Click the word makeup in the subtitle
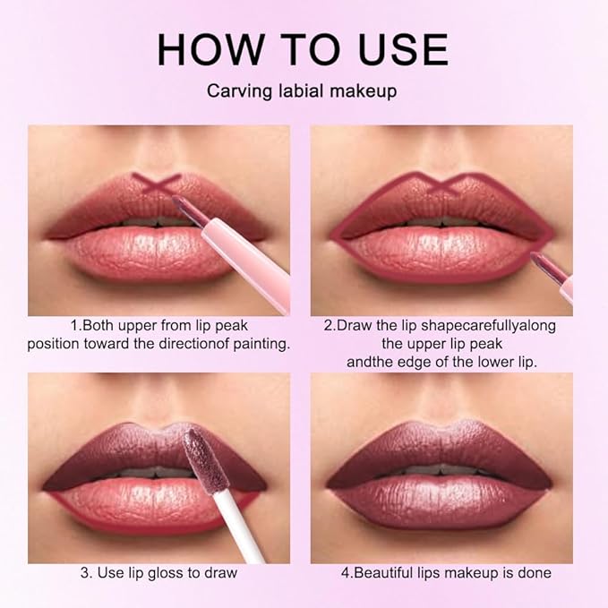tap(369, 91)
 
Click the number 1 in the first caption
tap(74, 326)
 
